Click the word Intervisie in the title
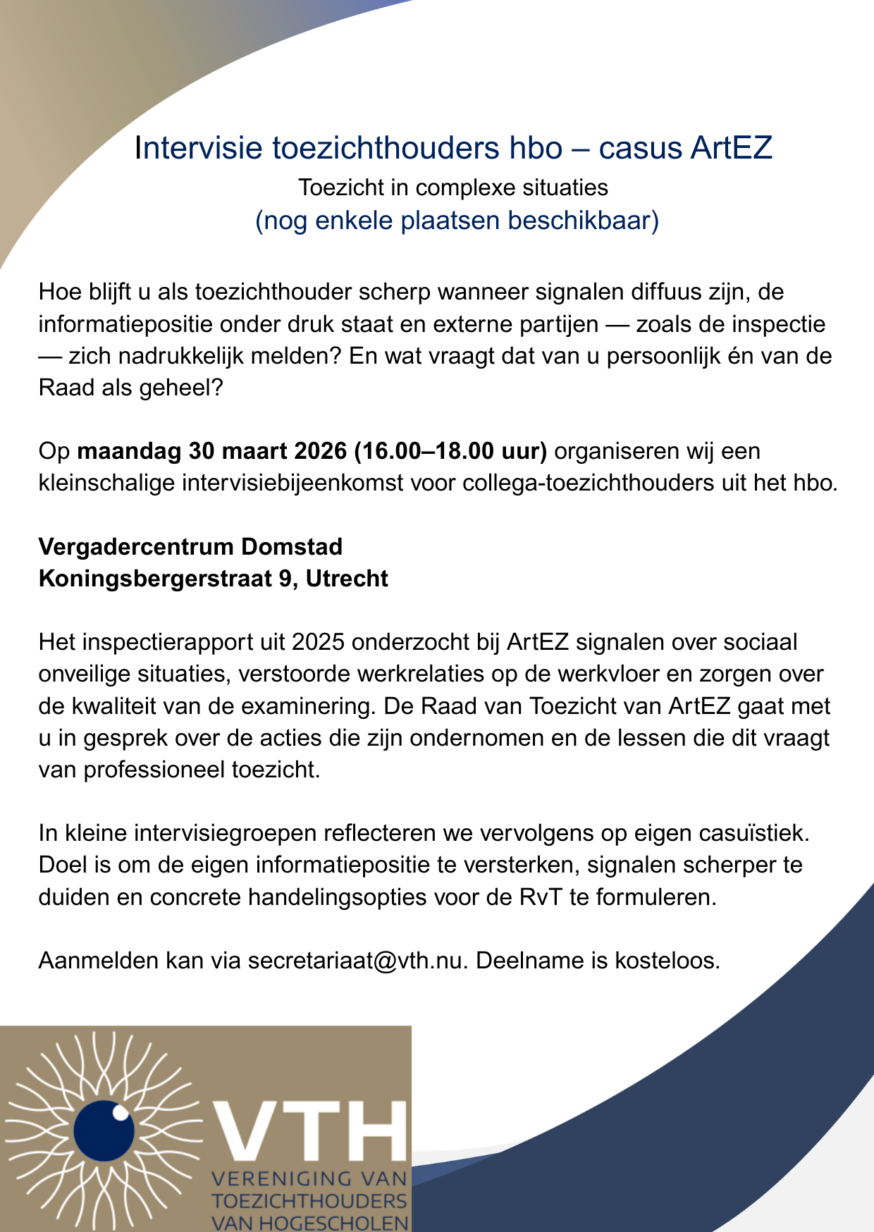(199, 148)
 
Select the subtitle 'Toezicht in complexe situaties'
(453, 188)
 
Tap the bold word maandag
(129, 451)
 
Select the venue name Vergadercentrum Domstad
(190, 547)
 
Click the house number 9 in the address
(285, 579)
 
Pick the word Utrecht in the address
(347, 579)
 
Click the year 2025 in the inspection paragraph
(317, 642)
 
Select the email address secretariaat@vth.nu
(357, 961)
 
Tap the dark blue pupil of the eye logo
(104, 1131)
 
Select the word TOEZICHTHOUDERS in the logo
(310, 1202)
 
